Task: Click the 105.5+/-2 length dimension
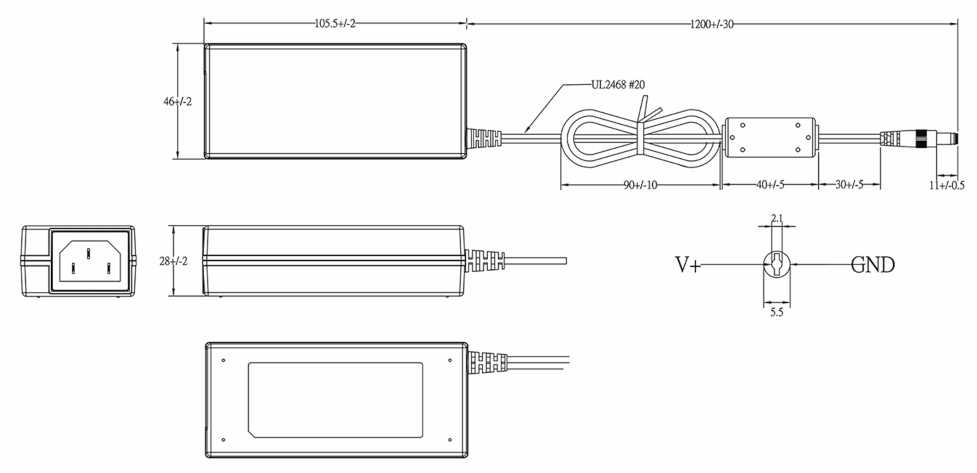pos(335,24)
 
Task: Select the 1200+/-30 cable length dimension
pos(712,24)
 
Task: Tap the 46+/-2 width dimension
pos(177,101)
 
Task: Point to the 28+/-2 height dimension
pos(173,261)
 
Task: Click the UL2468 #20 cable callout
pos(618,85)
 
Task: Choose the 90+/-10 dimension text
pos(640,185)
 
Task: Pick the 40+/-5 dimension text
pos(770,185)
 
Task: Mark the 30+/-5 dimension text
pos(849,185)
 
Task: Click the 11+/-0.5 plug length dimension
pos(946,186)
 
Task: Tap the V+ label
pos(688,265)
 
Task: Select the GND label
pos(873,265)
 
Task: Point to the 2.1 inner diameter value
pos(777,219)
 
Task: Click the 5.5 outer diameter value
pos(776,313)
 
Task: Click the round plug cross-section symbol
pos(777,265)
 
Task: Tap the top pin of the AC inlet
pos(88,253)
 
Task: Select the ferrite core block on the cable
pos(770,138)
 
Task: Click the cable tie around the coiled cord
pos(640,138)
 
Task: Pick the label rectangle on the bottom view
pos(335,400)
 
